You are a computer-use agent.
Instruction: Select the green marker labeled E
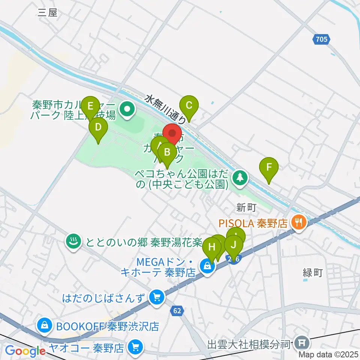click(x=90, y=106)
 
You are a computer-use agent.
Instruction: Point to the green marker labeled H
click(x=212, y=248)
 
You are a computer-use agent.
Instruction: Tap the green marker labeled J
click(x=234, y=246)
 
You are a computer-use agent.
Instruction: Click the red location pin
click(x=172, y=134)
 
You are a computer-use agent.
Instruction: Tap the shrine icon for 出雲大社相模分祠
click(x=301, y=343)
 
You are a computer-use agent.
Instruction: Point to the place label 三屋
click(x=48, y=13)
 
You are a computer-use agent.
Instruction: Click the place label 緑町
click(x=313, y=273)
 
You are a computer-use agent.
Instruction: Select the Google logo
click(x=25, y=351)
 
